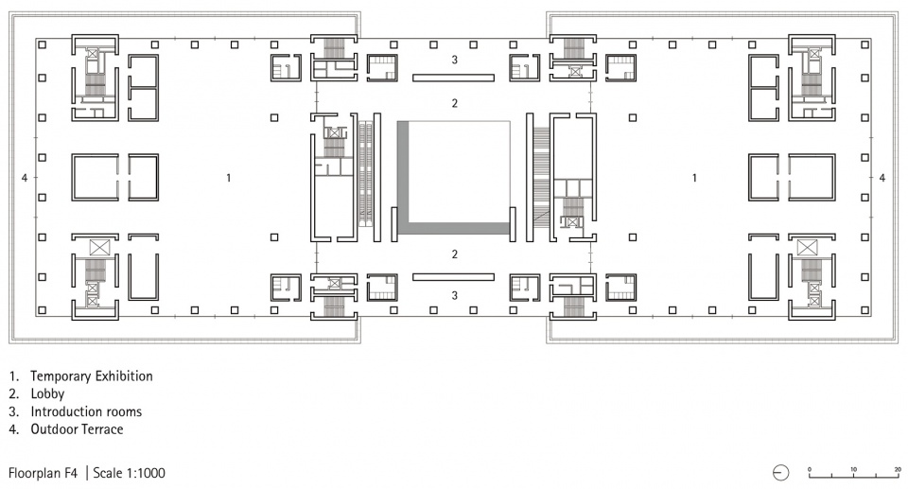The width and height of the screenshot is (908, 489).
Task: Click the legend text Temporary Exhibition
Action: (92, 376)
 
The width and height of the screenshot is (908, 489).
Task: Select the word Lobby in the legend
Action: (47, 394)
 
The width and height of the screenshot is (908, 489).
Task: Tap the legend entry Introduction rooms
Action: (86, 412)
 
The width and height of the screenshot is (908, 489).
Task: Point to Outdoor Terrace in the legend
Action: (77, 429)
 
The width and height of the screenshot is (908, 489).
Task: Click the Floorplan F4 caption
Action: (43, 473)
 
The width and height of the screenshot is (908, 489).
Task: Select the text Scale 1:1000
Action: (129, 473)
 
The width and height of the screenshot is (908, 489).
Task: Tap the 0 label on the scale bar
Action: (810, 469)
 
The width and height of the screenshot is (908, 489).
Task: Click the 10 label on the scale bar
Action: (853, 469)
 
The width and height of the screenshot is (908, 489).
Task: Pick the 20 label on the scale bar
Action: (898, 469)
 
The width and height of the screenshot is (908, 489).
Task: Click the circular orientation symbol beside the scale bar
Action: (780, 473)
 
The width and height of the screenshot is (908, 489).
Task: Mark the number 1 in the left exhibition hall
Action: (229, 178)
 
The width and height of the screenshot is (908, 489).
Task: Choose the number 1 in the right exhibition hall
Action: (694, 178)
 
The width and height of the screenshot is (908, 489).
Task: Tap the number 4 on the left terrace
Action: (25, 178)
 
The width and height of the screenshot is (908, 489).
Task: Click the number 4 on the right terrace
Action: (882, 178)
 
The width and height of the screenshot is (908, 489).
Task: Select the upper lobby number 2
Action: (455, 103)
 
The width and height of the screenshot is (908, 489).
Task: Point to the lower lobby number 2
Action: (455, 253)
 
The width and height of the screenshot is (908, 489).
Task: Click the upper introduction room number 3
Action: (455, 59)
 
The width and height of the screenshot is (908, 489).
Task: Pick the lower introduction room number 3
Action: (455, 295)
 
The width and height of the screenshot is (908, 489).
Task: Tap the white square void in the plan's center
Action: (460, 171)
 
